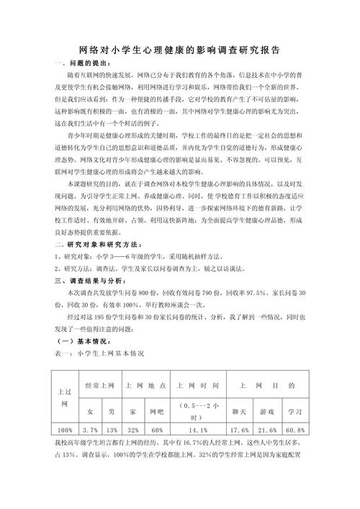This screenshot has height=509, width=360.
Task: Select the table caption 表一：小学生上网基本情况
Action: [100, 353]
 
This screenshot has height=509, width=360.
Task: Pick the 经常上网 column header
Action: [100, 385]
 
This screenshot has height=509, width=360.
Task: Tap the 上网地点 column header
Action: [146, 385]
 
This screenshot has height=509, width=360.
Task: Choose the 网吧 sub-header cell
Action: [156, 411]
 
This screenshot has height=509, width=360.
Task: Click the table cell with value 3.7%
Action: [90, 430]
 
